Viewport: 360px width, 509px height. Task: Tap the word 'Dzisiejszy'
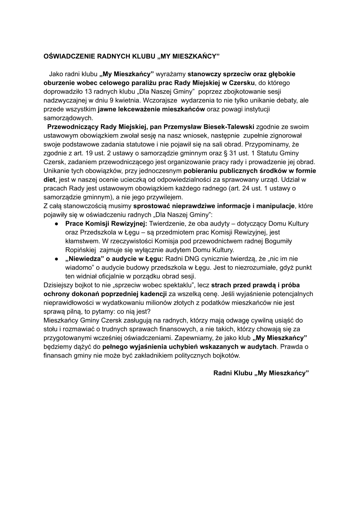(x=59, y=286)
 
